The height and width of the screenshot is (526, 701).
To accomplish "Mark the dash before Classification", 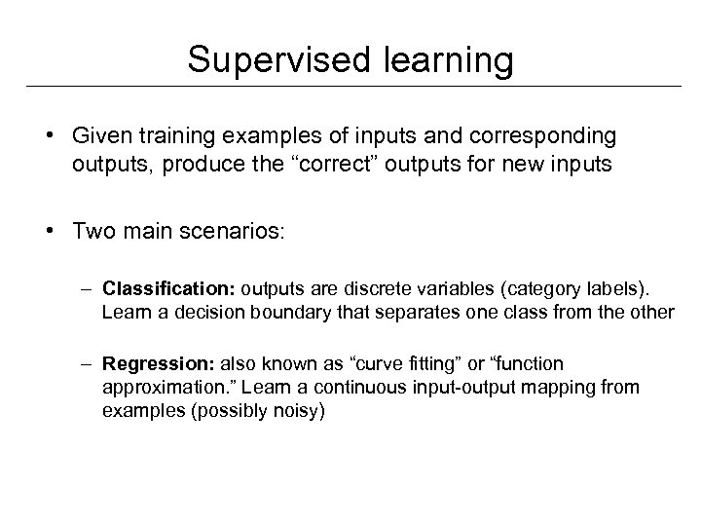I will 88,288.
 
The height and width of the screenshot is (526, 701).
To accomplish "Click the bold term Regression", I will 160,364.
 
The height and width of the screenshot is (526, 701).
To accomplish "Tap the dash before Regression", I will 88,364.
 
